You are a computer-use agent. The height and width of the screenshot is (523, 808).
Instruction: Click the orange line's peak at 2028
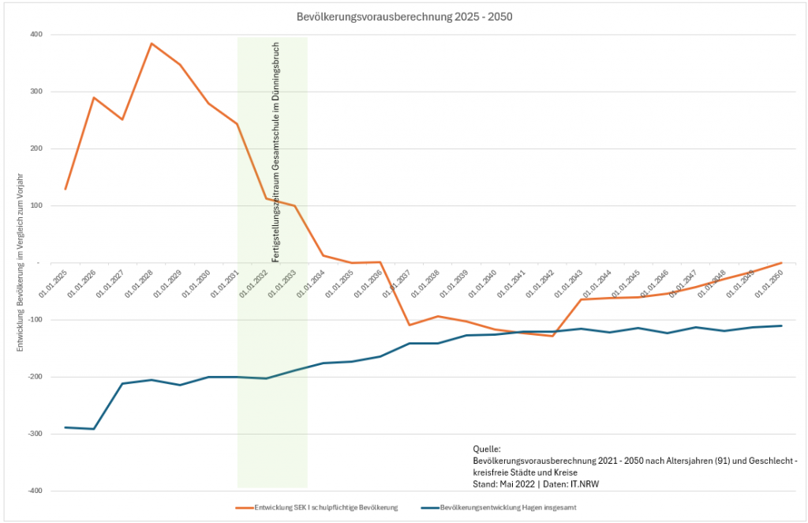151,43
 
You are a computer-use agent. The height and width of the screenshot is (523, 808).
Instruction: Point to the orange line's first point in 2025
65,190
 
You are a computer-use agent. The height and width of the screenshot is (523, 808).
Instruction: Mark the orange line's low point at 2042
552,337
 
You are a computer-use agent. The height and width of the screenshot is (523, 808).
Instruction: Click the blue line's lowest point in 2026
94,429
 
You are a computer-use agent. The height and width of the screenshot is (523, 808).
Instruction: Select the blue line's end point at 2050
781,325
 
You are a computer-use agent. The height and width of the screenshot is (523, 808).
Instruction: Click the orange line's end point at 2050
781,262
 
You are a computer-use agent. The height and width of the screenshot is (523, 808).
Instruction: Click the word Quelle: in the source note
487,449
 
